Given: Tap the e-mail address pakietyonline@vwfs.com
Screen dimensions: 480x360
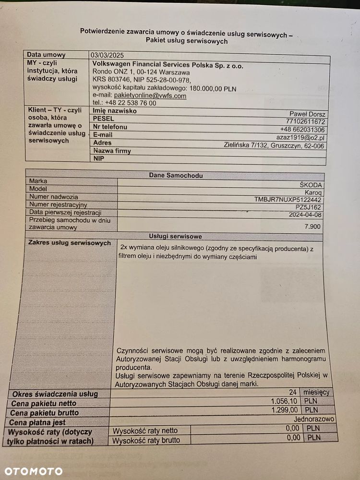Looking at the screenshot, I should point(150,96).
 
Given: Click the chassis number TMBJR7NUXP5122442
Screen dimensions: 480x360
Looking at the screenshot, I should point(288,200).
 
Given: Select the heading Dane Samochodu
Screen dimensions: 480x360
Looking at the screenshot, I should point(176,176).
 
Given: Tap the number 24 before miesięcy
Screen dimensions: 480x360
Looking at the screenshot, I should point(293,392).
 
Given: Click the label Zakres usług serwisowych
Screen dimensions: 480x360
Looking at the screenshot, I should point(70,243).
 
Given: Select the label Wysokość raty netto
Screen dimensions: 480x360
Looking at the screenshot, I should point(145,431).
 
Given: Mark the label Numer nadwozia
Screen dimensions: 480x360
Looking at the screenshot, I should point(54,197).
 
